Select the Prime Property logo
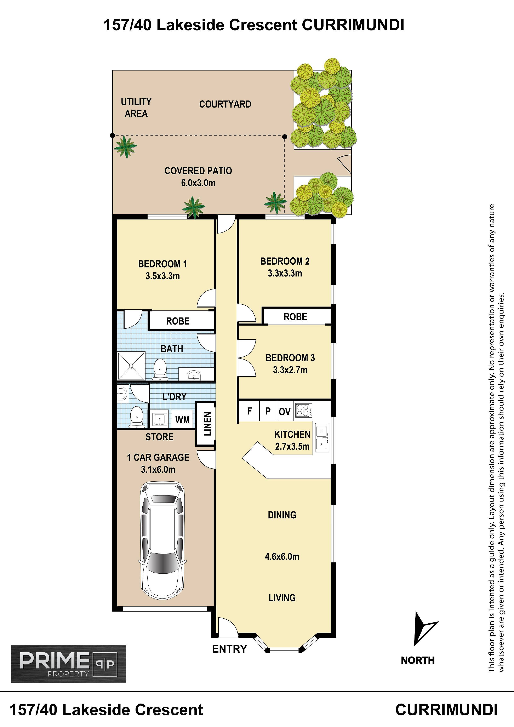tap(69, 664)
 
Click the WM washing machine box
tap(182, 419)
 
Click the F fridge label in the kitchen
tap(249, 411)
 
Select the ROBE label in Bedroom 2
tap(295, 317)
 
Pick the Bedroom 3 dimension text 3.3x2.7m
tap(290, 370)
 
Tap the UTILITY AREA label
tap(136, 108)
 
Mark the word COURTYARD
tap(225, 104)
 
